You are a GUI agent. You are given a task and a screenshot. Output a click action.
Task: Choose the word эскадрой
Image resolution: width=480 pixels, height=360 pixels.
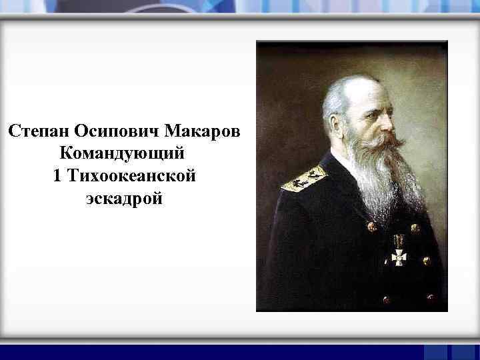point(124,199)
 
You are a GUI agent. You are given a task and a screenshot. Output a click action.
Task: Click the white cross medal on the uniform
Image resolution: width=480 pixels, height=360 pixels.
point(399,256)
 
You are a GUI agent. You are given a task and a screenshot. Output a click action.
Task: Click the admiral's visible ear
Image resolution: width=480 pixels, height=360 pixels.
point(341,121)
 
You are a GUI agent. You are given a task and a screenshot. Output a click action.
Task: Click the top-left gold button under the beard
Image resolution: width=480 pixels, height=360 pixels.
point(372,227)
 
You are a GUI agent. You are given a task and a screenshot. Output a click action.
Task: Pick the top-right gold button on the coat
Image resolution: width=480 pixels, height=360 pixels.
point(415,229)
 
